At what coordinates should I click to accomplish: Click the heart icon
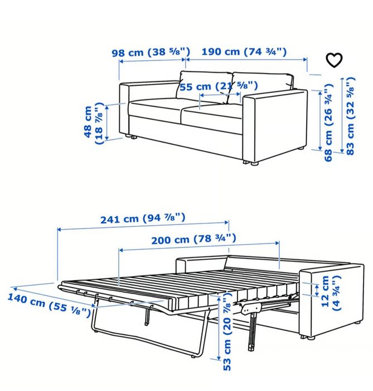pos(334,60)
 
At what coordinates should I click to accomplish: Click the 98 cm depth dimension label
pos(151,52)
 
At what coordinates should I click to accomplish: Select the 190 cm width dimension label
pos(244,51)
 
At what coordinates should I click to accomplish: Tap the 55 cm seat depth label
pos(219,86)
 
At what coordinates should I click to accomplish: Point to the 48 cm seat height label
pos(94,123)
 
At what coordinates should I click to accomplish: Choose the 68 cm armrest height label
pos(328,122)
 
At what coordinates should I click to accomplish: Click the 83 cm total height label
pos(350,116)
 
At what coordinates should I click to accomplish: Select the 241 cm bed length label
pos(143,218)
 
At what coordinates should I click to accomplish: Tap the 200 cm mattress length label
pos(193,239)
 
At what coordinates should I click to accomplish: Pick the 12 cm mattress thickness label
pos(331,293)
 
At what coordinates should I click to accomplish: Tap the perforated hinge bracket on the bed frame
pos(251,308)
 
